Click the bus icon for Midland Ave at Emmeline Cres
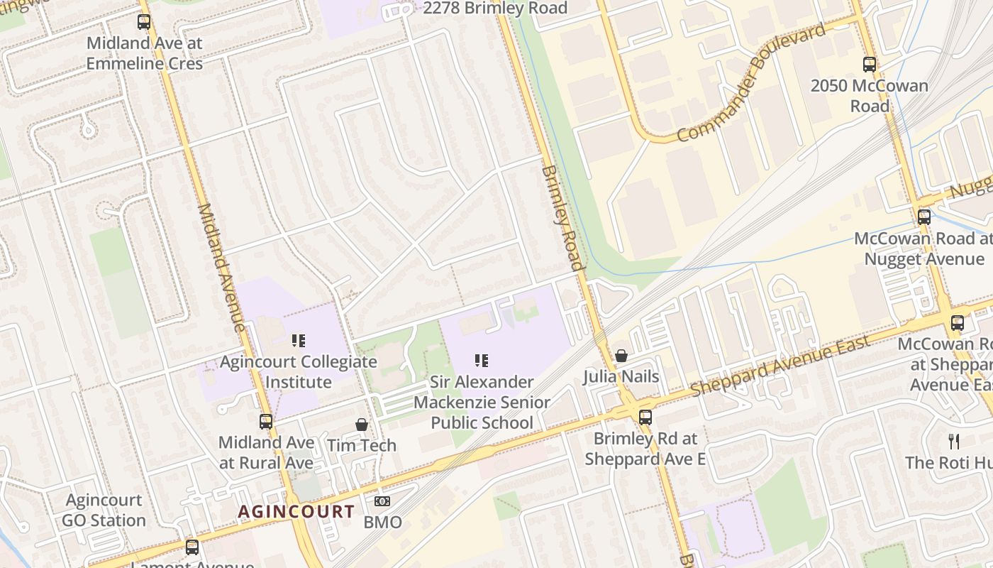[144, 22]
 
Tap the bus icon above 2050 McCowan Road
[870, 65]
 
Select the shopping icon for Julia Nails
[621, 356]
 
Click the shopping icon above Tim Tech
[362, 425]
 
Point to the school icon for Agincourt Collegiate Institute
[299, 341]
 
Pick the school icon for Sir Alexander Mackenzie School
[482, 361]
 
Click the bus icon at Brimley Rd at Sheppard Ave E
[645, 417]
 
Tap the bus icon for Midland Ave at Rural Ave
[266, 421]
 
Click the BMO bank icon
[382, 502]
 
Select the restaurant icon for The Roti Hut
[954, 442]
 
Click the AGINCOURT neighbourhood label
[296, 511]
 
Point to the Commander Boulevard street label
[751, 83]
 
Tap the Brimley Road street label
[562, 218]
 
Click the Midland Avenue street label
[221, 268]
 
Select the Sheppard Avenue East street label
[780, 366]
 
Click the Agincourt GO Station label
[104, 510]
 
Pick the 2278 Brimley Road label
[495, 9]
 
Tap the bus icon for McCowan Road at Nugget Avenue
[924, 217]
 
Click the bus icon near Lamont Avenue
[192, 547]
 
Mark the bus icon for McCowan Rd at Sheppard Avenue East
[958, 323]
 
